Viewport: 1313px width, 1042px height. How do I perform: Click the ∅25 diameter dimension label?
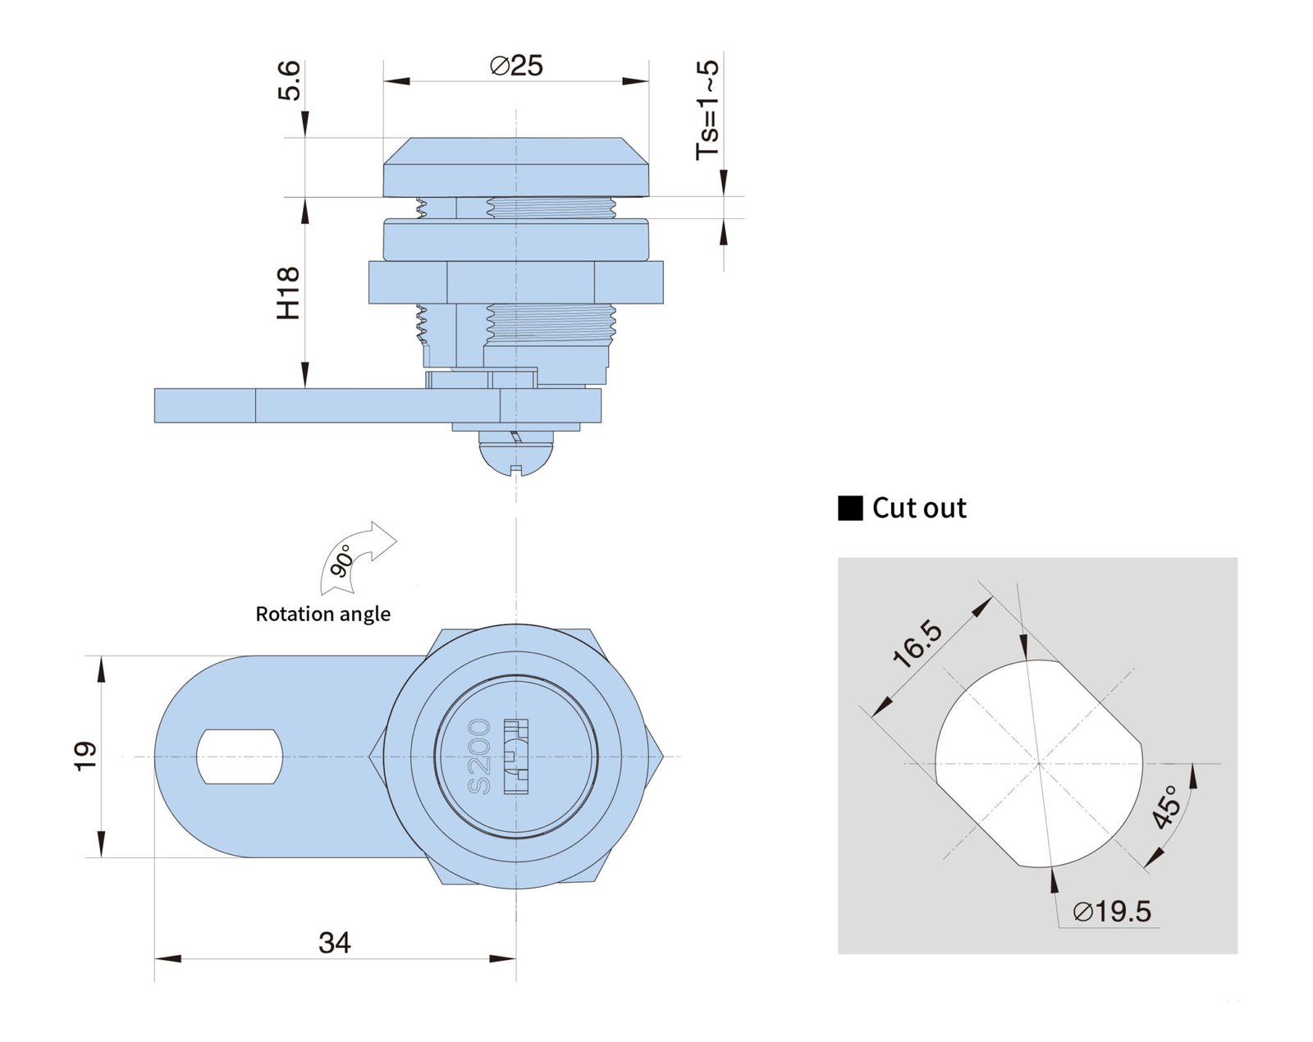coord(516,65)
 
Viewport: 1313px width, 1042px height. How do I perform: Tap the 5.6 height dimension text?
coord(290,80)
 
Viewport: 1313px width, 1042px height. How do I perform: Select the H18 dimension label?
coord(288,293)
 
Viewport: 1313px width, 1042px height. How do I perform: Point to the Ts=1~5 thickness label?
coord(707,110)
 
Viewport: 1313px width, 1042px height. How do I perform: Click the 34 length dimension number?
coord(334,943)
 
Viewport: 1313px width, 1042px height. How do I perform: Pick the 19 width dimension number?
coord(85,755)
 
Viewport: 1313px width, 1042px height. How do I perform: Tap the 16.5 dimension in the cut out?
coord(918,644)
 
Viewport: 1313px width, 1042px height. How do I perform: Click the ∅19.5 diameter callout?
coord(1112,912)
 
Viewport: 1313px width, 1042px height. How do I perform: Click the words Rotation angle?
coord(323,614)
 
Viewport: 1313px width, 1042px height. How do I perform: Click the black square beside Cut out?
coord(850,509)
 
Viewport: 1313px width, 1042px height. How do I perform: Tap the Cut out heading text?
coord(919,508)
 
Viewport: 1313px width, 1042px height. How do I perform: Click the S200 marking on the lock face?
coord(479,756)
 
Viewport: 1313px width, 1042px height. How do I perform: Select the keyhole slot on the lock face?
coord(516,756)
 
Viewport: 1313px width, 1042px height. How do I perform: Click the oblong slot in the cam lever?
coord(240,756)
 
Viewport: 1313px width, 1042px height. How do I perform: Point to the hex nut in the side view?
coord(516,282)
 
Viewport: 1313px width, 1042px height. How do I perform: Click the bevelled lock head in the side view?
coord(516,167)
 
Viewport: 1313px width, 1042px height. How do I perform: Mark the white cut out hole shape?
coord(1038,763)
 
